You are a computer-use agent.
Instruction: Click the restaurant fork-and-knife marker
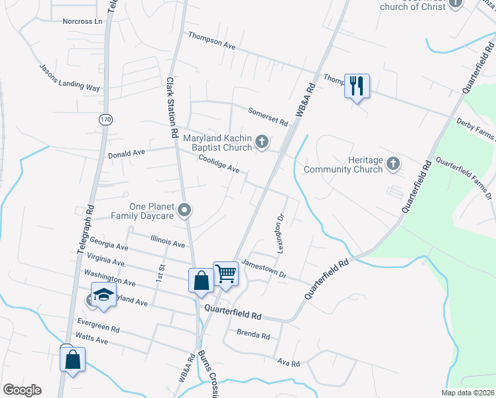pyautogui.click(x=357, y=86)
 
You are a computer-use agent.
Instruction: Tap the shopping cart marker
pyautogui.click(x=226, y=273)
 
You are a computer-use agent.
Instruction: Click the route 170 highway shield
pyautogui.click(x=105, y=119)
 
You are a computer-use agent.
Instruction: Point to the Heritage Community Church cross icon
pyautogui.click(x=393, y=163)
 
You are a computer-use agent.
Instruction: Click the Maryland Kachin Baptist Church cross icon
pyautogui.click(x=263, y=141)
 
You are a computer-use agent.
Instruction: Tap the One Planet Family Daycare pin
pyautogui.click(x=186, y=210)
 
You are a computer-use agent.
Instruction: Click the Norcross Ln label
pyautogui.click(x=84, y=21)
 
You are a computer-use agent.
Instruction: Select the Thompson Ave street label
pyautogui.click(x=212, y=40)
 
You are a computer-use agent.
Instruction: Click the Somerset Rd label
pyautogui.click(x=269, y=117)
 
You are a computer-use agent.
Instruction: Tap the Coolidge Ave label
pyautogui.click(x=219, y=165)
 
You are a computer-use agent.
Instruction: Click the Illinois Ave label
pyautogui.click(x=167, y=243)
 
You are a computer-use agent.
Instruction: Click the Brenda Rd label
pyautogui.click(x=254, y=336)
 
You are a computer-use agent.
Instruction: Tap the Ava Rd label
pyautogui.click(x=289, y=363)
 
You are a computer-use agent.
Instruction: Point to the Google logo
pyautogui.click(x=22, y=390)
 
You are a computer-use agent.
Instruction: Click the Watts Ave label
pyautogui.click(x=92, y=340)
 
